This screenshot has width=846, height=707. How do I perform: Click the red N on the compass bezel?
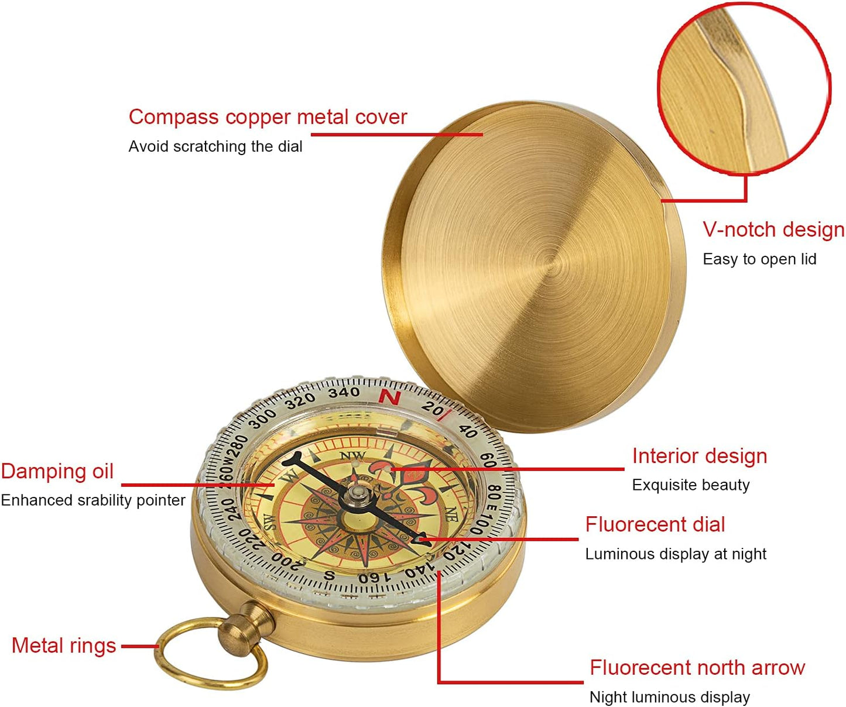(x=389, y=397)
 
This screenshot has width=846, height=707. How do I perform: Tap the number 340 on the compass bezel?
(x=344, y=392)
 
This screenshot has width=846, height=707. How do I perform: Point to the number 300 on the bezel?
(x=263, y=418)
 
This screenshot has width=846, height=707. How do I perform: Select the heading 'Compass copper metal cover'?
(x=268, y=117)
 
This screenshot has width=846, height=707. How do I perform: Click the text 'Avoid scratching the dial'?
(x=215, y=146)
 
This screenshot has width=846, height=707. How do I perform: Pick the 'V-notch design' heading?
(x=773, y=229)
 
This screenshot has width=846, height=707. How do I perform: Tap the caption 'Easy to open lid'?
(x=759, y=259)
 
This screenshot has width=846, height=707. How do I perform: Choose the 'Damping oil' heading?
(x=57, y=471)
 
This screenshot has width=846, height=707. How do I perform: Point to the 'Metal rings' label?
(x=64, y=646)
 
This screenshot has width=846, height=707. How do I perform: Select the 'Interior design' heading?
(x=700, y=456)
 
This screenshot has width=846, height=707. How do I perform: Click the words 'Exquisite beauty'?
(x=691, y=485)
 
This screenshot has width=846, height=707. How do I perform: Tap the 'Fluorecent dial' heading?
(x=655, y=524)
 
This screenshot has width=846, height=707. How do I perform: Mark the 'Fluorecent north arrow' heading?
(x=697, y=668)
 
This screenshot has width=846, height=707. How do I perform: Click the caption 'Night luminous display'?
(x=670, y=697)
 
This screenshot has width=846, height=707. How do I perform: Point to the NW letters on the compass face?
(x=352, y=456)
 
